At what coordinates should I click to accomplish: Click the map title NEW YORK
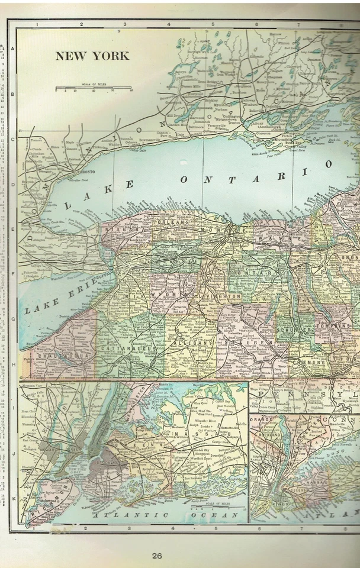click(92, 56)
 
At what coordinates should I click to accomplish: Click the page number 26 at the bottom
click(156, 556)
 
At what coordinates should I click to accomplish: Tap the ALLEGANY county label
click(192, 343)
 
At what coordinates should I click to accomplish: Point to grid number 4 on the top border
click(169, 25)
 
